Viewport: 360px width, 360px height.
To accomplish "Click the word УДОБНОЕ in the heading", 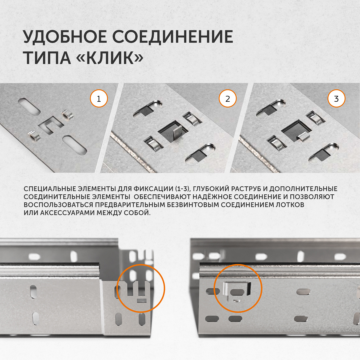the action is point(65,37).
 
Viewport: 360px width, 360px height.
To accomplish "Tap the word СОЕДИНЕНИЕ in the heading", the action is point(173,37).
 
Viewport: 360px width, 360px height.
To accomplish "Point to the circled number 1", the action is point(99,99).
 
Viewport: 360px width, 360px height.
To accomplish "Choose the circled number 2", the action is point(228,99).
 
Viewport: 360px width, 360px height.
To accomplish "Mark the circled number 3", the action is point(336,99).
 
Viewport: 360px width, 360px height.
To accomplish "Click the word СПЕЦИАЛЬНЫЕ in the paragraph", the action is point(50,189).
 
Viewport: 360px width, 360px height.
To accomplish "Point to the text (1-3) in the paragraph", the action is point(183,189).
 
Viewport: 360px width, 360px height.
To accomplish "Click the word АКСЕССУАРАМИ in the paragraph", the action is point(67,213).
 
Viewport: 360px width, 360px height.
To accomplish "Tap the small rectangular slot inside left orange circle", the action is point(141,300).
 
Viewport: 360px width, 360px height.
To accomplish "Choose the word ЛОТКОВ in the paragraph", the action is point(290,205).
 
